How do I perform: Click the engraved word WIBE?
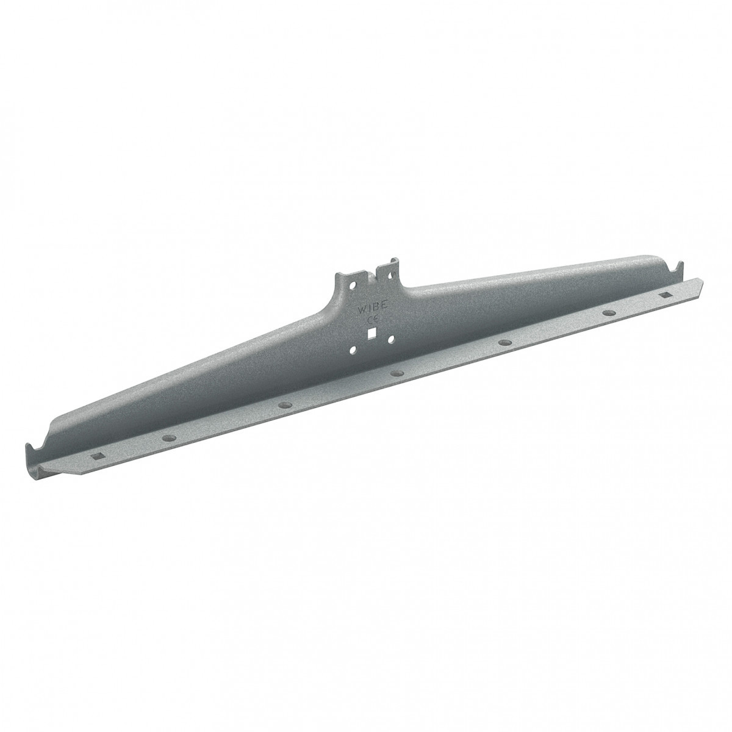click(x=371, y=308)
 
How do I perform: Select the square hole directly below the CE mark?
click(x=372, y=334)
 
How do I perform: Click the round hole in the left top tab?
click(x=354, y=284)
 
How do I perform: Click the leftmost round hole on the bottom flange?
click(x=168, y=437)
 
